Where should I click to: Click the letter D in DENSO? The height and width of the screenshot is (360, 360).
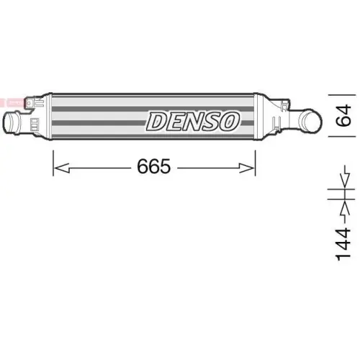[x=158, y=121]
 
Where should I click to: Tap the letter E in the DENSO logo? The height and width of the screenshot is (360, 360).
[x=176, y=121]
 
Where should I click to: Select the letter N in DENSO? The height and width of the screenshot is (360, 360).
[x=194, y=121]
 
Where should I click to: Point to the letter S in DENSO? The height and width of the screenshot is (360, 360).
[x=212, y=121]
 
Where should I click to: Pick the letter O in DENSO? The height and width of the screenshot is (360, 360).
[x=230, y=121]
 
